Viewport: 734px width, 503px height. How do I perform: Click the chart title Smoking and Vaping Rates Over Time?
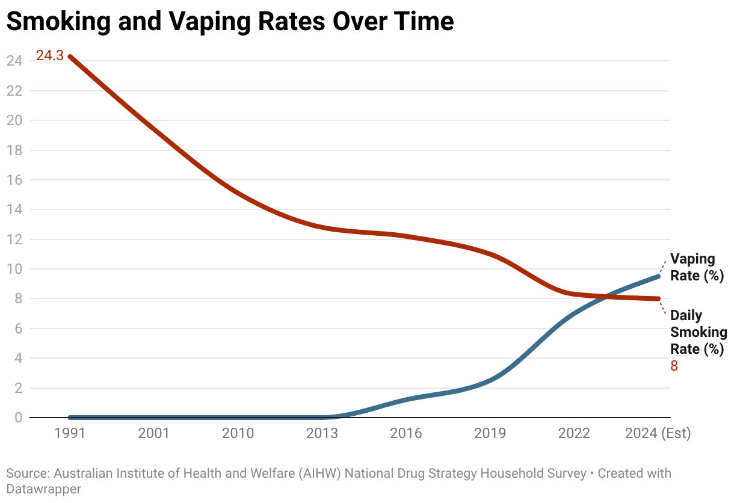click(x=230, y=22)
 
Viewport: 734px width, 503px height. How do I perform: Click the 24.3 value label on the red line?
click(x=49, y=56)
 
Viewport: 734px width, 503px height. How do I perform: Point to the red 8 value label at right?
click(x=674, y=366)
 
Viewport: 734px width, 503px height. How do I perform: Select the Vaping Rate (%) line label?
click(x=697, y=268)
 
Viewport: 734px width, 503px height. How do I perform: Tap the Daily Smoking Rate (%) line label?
click(x=699, y=332)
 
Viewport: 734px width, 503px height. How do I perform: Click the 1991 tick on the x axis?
click(x=70, y=434)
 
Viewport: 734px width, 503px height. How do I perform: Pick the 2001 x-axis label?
click(x=154, y=434)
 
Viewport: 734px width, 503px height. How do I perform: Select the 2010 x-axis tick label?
click(x=238, y=434)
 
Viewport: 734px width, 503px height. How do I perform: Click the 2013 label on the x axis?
click(x=322, y=434)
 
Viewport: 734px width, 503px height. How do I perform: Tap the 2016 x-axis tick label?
click(x=406, y=434)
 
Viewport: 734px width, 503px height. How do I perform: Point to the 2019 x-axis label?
click(x=490, y=434)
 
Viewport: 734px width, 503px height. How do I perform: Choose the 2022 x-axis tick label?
click(x=574, y=434)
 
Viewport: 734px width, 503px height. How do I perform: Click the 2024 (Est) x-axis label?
click(x=658, y=434)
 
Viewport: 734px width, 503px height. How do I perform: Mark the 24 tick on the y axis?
click(x=14, y=61)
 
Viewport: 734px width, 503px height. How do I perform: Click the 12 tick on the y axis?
click(x=14, y=239)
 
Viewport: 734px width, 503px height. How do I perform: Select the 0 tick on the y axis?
click(x=18, y=418)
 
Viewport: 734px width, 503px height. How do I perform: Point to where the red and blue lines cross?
click(x=606, y=296)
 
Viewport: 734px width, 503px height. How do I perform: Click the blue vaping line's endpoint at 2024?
click(x=658, y=276)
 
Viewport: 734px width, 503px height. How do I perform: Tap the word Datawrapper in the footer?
click(x=43, y=489)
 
